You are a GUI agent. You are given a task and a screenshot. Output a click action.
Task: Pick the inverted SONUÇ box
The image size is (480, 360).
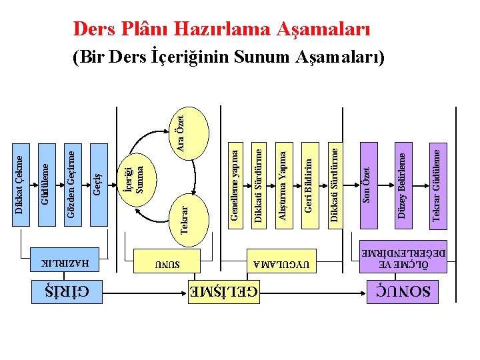click(403, 291)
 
